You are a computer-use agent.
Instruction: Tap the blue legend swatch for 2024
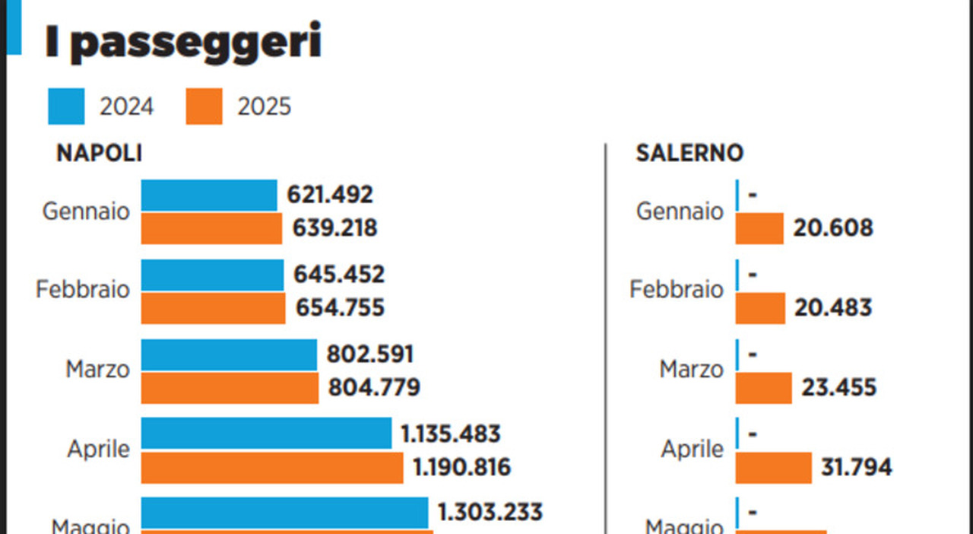pos(66,106)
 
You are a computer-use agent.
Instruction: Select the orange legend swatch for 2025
pos(204,106)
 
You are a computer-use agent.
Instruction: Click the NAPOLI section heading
pos(99,153)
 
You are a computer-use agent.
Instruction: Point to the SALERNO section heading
pos(689,153)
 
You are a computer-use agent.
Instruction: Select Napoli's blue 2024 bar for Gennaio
pos(209,195)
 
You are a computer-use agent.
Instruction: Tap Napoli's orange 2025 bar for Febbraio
pos(213,308)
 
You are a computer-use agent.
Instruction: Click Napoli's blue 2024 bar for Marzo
pos(229,354)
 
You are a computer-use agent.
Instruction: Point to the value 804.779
pos(374,388)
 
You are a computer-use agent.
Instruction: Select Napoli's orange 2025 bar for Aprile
pos(272,468)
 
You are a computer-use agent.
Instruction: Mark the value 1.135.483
pos(451,434)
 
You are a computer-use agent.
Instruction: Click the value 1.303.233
pos(490,512)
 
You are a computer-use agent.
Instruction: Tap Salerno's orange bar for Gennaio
pos(759,228)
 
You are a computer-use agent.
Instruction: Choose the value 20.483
pos(833,308)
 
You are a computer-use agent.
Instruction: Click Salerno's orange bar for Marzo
pos(764,388)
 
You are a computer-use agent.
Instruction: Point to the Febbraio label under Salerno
pos(677,290)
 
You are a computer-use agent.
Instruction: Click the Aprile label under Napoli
pos(98,449)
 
